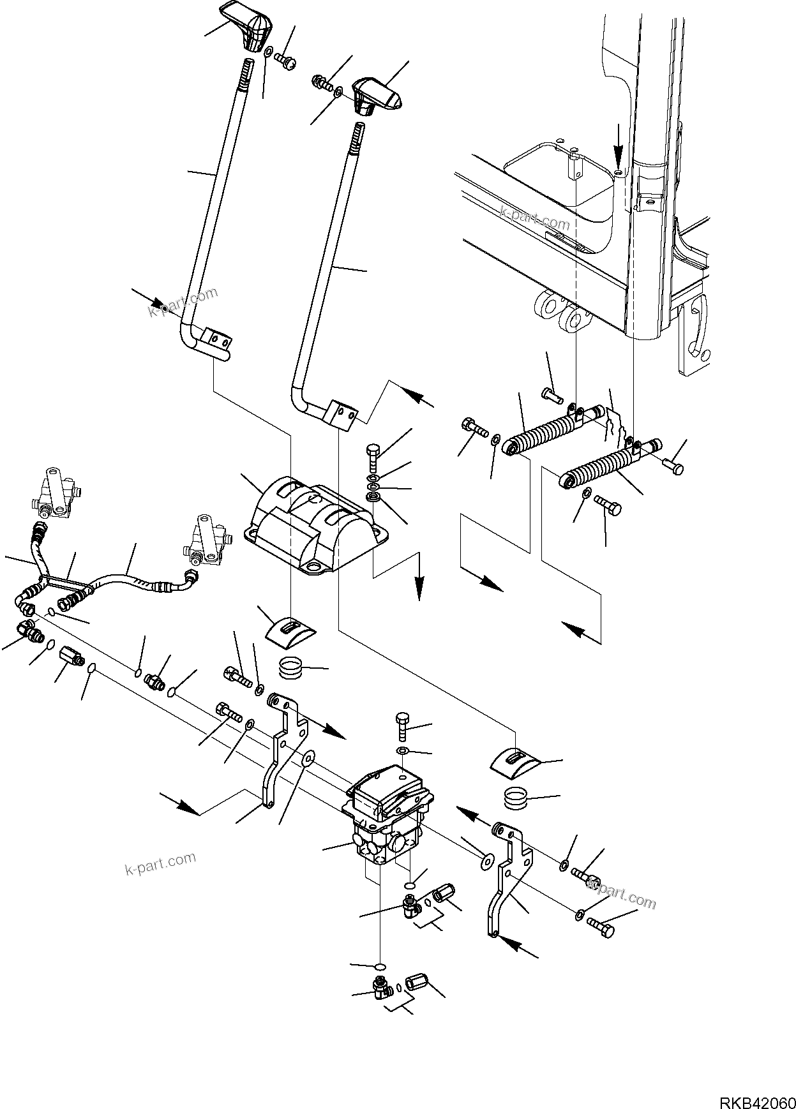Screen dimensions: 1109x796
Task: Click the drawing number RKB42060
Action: click(755, 1086)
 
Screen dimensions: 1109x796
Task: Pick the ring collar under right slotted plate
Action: click(516, 798)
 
